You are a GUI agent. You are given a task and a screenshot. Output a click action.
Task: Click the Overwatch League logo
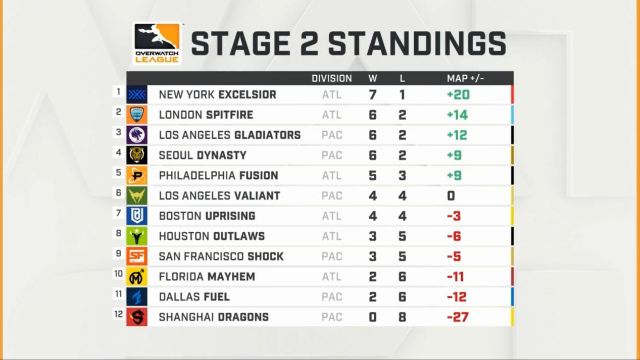(x=157, y=43)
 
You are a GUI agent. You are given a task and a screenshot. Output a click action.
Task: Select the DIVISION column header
(x=332, y=78)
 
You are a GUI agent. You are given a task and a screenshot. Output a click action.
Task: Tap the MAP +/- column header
(x=465, y=78)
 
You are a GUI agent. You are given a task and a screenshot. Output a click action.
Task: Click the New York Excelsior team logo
(x=137, y=94)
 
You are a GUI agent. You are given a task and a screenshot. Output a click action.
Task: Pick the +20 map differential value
(x=458, y=95)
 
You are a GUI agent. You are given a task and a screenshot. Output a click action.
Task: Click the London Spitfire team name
(x=206, y=115)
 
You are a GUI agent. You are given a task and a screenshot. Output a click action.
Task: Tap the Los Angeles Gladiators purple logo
(x=137, y=135)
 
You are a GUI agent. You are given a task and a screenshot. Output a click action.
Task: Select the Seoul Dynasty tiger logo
(x=137, y=156)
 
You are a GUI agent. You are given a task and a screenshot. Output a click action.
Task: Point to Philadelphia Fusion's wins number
(x=373, y=176)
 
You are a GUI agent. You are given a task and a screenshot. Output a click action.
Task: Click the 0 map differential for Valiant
(x=451, y=196)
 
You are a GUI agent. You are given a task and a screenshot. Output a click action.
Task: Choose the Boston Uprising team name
(x=207, y=216)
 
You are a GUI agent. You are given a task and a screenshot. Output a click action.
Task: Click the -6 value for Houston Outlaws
(x=454, y=236)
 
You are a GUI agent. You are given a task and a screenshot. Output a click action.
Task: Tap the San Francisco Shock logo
(x=137, y=256)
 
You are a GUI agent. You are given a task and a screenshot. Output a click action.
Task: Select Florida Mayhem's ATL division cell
(x=332, y=277)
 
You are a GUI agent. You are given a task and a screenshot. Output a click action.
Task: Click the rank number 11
(x=119, y=294)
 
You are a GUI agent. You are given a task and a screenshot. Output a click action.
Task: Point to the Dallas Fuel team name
(x=194, y=297)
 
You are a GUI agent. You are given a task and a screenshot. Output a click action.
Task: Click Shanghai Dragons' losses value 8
(x=402, y=317)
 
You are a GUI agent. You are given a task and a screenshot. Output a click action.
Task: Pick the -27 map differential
(x=458, y=317)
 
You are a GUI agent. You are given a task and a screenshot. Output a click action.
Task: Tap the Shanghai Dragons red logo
(x=137, y=317)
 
